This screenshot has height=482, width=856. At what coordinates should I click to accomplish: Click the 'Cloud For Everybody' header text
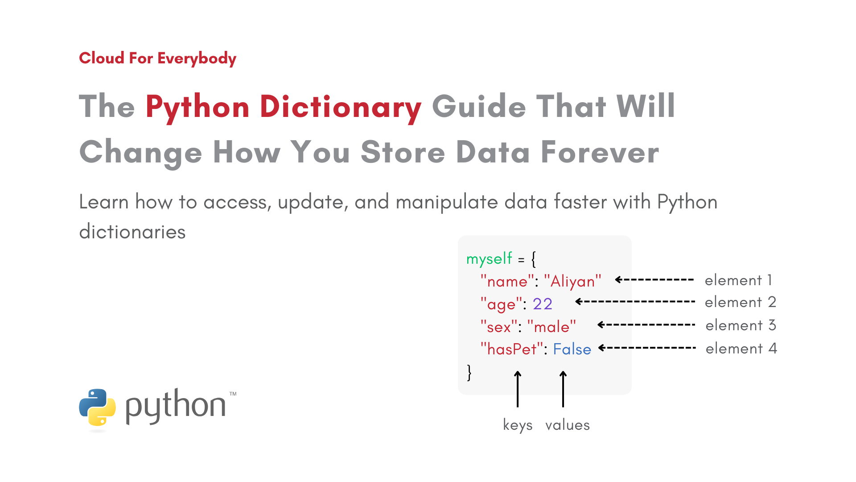click(157, 58)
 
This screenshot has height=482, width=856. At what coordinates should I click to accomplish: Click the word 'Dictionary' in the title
click(341, 107)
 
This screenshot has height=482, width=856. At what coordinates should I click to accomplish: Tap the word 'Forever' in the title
click(600, 152)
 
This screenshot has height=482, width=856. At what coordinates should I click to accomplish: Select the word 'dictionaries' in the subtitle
click(132, 232)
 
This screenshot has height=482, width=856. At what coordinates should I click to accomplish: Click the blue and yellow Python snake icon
click(97, 407)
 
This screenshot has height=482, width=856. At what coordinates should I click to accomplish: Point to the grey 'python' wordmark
click(176, 406)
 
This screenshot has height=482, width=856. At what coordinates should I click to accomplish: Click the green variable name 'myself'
click(489, 259)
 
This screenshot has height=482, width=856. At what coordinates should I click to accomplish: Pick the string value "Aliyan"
click(573, 281)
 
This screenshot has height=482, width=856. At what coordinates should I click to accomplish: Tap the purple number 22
click(543, 304)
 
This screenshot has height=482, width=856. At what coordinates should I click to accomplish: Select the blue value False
click(572, 349)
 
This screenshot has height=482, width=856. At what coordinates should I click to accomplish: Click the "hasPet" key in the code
click(511, 349)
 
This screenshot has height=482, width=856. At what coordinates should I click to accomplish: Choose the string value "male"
click(551, 327)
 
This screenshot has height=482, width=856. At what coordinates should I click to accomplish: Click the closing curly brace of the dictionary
click(469, 372)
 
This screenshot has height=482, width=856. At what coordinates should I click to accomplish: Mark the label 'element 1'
click(738, 280)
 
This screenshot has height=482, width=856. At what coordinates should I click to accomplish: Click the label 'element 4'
click(741, 349)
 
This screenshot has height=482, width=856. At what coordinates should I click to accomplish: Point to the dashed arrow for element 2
click(635, 302)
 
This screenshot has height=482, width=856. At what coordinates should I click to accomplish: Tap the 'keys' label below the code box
click(518, 425)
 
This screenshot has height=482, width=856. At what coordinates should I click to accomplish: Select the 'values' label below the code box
click(568, 425)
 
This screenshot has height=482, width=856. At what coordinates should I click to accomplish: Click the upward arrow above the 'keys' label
click(518, 389)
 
